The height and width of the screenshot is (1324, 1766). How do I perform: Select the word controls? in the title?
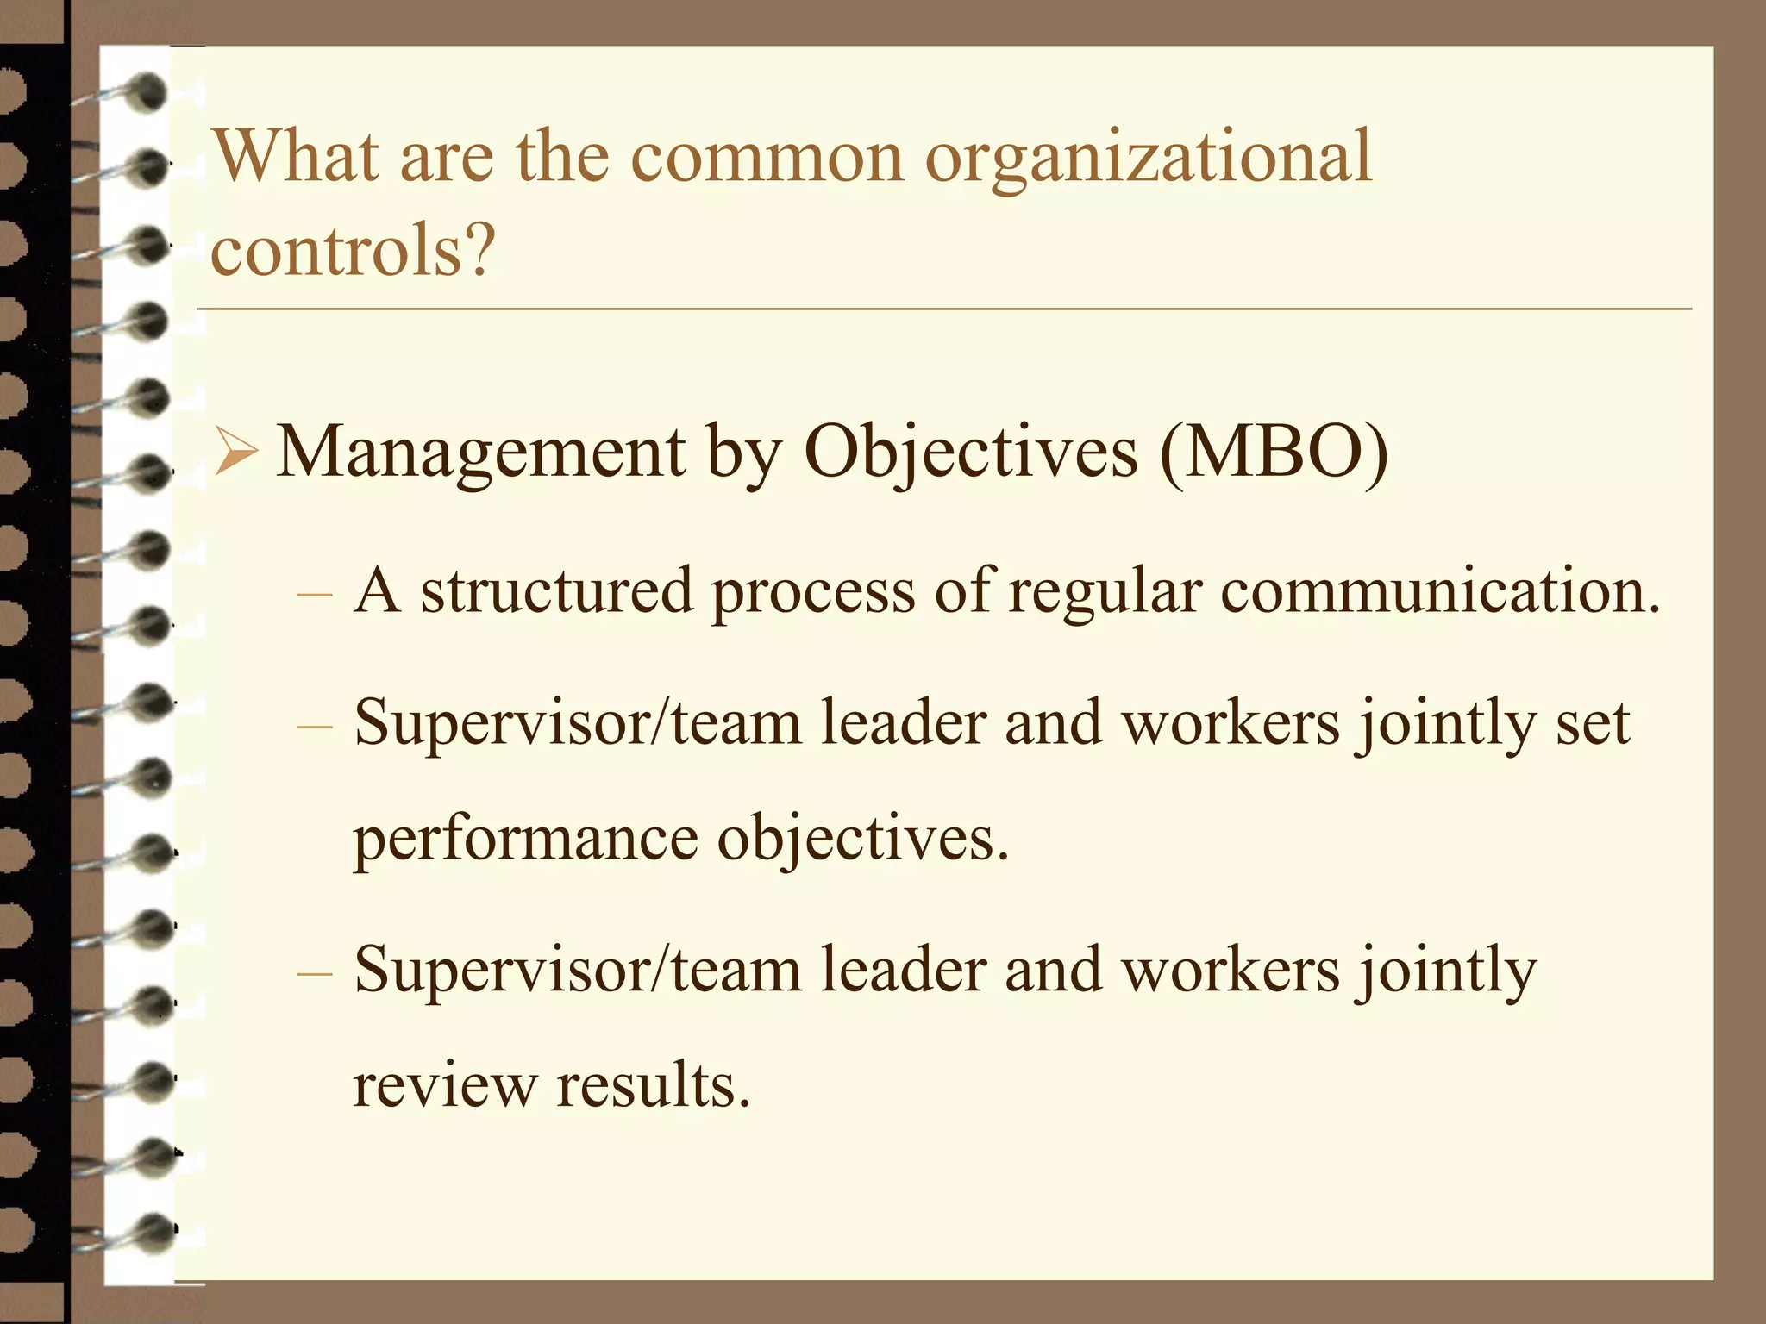[x=353, y=250]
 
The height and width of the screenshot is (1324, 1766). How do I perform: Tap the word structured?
[x=557, y=591]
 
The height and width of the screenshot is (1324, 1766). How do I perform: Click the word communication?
[x=1439, y=591]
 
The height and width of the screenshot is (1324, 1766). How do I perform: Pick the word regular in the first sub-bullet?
[x=1105, y=591]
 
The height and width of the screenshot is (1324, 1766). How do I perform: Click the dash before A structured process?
[x=314, y=594]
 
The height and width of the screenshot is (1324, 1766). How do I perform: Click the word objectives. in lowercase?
[x=863, y=840]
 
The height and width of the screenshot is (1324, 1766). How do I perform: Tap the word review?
[x=445, y=1085]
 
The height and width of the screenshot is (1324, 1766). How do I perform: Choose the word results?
[x=653, y=1085]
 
